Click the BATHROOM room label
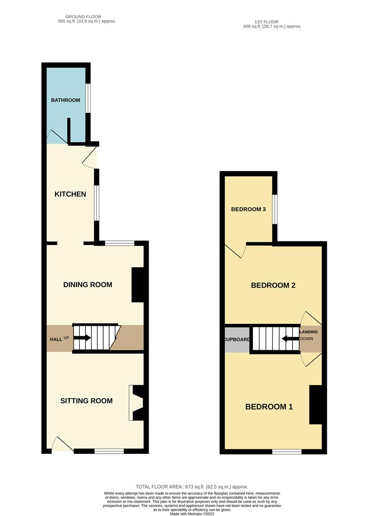(x=65, y=100)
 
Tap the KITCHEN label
(x=70, y=194)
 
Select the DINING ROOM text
(x=87, y=285)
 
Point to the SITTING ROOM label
(x=86, y=400)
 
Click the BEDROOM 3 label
(x=248, y=209)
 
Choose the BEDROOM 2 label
(x=273, y=285)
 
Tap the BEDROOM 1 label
(x=269, y=407)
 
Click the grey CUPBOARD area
(x=237, y=339)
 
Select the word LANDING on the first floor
(x=309, y=332)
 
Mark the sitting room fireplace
(x=136, y=403)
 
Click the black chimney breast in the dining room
(x=138, y=285)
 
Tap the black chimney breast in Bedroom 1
(x=315, y=405)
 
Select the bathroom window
(x=88, y=98)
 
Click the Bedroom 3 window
(x=274, y=209)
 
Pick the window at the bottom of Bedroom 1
(x=287, y=451)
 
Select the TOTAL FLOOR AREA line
(x=192, y=487)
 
